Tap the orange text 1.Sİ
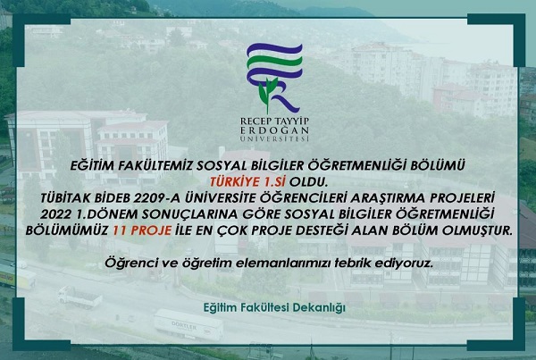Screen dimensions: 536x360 click(274, 182)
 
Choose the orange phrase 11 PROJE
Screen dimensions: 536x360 click(142, 230)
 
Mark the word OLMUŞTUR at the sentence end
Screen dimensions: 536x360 click(478, 230)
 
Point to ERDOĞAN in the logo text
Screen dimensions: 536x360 click(274, 130)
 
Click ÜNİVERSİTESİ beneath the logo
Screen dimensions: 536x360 click(274, 138)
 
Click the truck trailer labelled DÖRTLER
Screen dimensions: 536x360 click(188, 325)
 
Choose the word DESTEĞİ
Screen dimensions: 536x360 click(321, 230)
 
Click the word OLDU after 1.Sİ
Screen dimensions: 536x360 click(308, 182)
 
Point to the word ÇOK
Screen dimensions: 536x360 click(232, 230)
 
